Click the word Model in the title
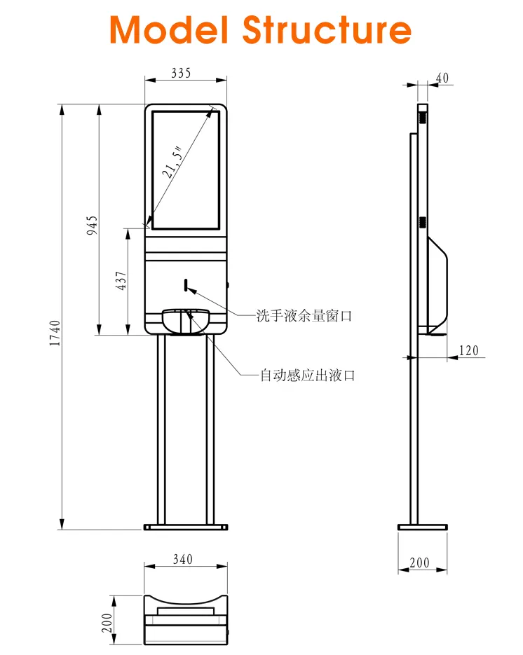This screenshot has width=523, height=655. [x=169, y=30]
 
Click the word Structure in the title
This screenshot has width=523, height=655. [x=327, y=30]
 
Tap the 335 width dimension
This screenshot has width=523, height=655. [x=181, y=73]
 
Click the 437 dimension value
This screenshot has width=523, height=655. [x=121, y=281]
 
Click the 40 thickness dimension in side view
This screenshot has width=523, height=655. [x=442, y=78]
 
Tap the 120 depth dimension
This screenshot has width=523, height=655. [x=469, y=350]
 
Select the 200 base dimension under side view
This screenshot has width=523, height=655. [x=419, y=563]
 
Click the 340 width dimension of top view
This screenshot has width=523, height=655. [x=182, y=560]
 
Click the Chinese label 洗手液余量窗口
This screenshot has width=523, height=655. [x=304, y=316]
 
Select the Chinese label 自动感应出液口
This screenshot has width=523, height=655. [x=308, y=375]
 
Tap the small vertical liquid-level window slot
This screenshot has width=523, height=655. [x=187, y=284]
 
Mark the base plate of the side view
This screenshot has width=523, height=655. [x=422, y=527]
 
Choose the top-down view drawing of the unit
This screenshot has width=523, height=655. [x=186, y=616]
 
